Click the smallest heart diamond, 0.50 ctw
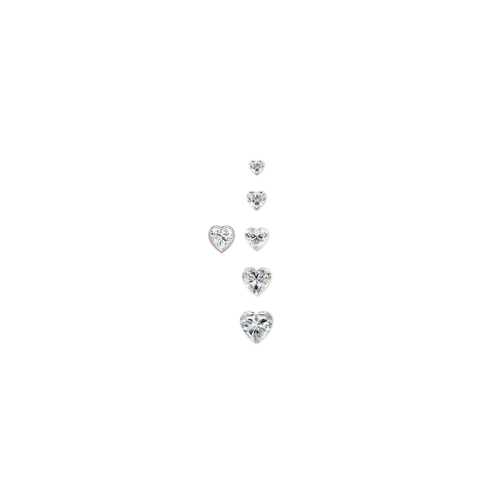click(x=256, y=167)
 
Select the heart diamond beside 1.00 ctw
click(x=257, y=199)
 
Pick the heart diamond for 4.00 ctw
click(x=257, y=280)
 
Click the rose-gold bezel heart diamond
click(x=221, y=238)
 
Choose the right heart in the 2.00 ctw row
click(x=256, y=237)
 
